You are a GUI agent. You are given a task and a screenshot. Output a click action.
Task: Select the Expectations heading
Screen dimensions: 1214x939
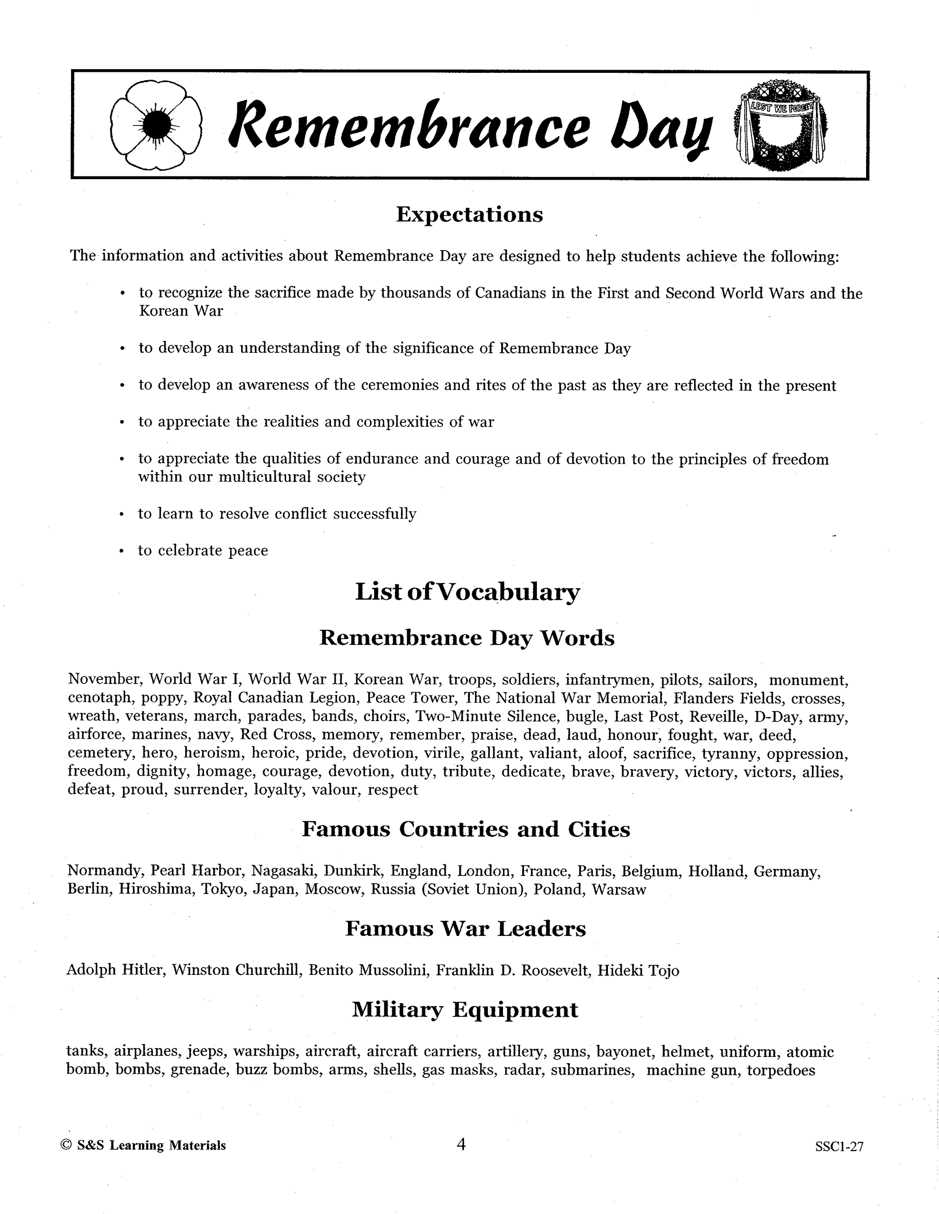click(x=469, y=214)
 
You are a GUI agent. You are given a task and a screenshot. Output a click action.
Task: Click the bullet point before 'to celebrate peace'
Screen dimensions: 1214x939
click(x=121, y=551)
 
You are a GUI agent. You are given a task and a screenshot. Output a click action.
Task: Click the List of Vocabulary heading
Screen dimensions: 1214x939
click(x=467, y=592)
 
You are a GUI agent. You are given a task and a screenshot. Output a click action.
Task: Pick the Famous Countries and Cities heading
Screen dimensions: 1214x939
click(x=466, y=829)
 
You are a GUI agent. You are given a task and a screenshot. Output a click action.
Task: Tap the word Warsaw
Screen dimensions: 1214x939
click(x=619, y=889)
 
